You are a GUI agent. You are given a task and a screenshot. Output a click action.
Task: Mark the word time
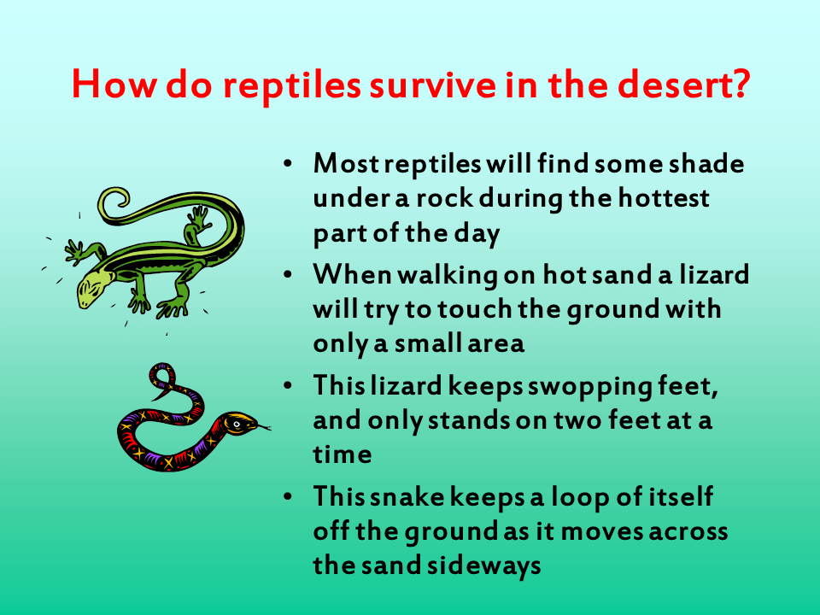tap(342, 455)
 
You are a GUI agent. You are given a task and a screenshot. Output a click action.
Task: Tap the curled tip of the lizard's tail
tap(116, 201)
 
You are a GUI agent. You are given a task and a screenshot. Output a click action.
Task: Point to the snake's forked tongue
tap(265, 426)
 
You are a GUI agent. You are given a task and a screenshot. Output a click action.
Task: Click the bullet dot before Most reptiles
tap(290, 163)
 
